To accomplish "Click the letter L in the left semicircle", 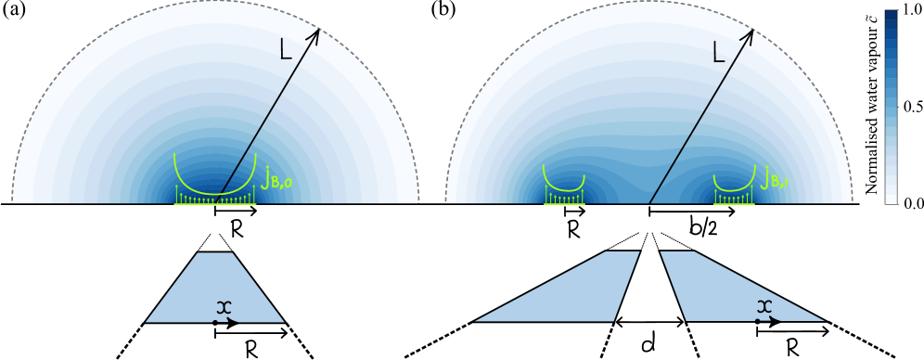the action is (x=285, y=50).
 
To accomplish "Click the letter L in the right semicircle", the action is (x=718, y=52).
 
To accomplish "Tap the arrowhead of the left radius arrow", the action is (x=316, y=32).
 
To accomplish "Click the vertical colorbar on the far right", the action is (x=891, y=107).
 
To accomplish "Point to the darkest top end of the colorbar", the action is (x=891, y=16).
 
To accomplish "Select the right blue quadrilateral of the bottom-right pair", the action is (x=733, y=288).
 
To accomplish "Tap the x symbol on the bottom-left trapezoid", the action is (x=223, y=307).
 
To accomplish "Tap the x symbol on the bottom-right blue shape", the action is (x=764, y=306).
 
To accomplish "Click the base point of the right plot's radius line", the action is (x=648, y=203).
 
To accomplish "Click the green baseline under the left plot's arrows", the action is (x=215, y=203).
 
